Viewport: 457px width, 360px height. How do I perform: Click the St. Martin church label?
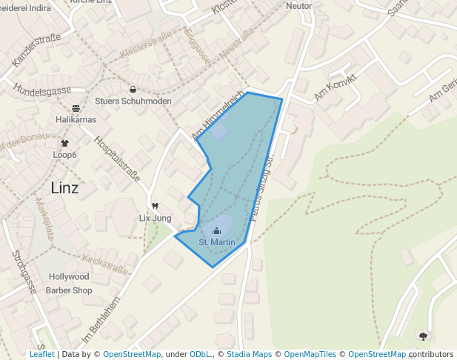point(217,242)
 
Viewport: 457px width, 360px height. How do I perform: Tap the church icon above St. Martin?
point(217,230)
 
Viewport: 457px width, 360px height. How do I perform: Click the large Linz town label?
point(64,187)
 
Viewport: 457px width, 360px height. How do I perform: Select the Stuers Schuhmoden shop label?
point(133,101)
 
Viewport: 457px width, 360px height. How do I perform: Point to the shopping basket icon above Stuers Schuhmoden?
point(133,89)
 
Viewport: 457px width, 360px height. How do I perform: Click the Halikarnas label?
point(76,119)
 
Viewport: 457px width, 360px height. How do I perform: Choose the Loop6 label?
point(64,155)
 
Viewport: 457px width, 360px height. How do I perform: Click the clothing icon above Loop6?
point(64,143)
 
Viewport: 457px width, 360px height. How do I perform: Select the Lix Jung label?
point(156,219)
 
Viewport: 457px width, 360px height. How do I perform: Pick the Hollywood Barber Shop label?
point(69,284)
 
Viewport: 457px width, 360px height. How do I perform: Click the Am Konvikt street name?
point(336,87)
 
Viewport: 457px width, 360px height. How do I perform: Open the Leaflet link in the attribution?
point(41,355)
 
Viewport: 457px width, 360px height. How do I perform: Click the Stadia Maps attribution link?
point(249,355)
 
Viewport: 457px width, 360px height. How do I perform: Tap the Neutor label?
point(298,5)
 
